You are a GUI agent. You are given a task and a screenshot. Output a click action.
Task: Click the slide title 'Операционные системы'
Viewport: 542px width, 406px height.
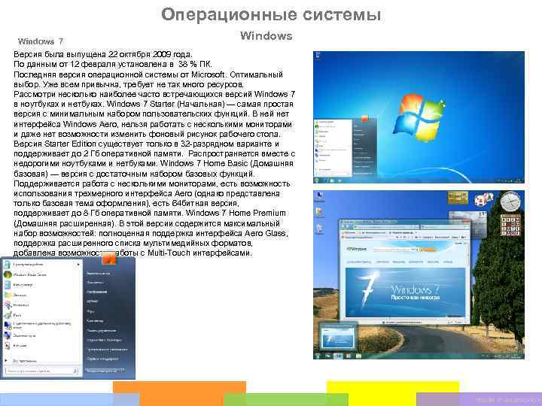[x=271, y=15]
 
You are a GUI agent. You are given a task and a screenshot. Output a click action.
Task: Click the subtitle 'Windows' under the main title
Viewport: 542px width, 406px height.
[x=266, y=35]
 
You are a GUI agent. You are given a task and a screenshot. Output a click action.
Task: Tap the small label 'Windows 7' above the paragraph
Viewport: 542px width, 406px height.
[x=40, y=41]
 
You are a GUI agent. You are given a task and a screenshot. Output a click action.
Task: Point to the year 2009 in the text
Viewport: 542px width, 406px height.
[x=154, y=55]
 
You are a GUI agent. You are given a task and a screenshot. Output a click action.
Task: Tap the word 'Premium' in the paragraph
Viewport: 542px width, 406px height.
[x=269, y=214]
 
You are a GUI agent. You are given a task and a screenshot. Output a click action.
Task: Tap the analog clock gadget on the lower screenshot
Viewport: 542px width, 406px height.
[x=510, y=201]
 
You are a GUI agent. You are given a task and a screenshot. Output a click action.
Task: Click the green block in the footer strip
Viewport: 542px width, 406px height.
[x=286, y=398]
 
